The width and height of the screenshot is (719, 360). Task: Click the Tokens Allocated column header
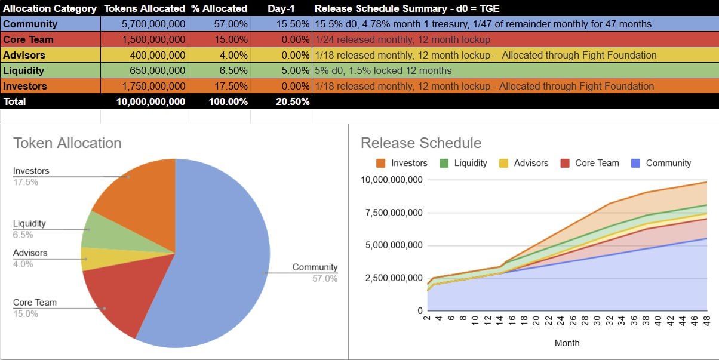tap(145, 8)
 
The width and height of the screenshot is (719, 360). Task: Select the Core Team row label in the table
tap(28, 39)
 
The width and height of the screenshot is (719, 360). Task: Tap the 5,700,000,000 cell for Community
tap(153, 24)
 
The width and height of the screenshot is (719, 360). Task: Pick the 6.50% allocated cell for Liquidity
tap(233, 70)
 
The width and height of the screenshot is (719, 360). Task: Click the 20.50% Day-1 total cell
tap(293, 101)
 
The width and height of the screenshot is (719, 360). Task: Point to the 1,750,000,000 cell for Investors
tap(153, 86)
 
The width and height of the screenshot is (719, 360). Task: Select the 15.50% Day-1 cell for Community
tap(293, 24)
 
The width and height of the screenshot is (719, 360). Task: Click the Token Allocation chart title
tap(67, 143)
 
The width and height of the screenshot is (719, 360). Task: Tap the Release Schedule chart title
tap(421, 143)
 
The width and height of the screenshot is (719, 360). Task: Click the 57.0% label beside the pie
tap(325, 278)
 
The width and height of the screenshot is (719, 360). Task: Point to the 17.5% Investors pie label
tap(26, 182)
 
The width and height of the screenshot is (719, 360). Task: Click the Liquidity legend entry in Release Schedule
tap(463, 163)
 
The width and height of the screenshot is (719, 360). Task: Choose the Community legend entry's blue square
tap(635, 164)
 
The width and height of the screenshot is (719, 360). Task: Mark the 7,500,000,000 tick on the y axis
tap(394, 213)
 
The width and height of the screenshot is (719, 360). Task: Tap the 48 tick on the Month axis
tap(707, 321)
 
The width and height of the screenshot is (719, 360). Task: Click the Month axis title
tap(567, 343)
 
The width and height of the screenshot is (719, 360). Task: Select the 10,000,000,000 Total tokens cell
tap(150, 101)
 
